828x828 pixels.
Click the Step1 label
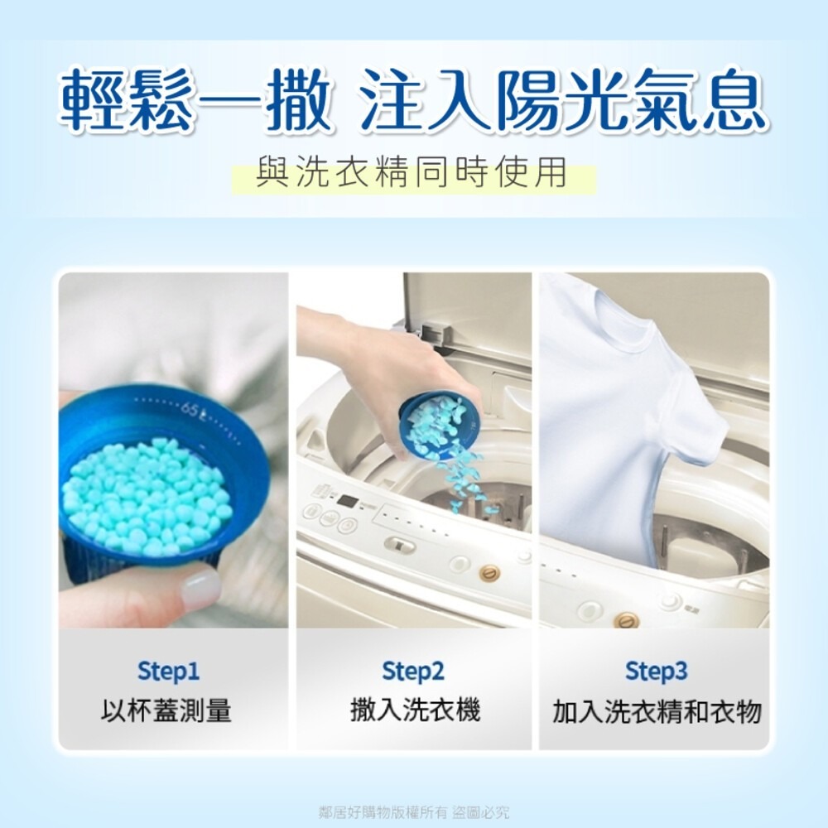coord(168,671)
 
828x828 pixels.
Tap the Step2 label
coord(413,671)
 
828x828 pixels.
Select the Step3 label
coord(657,671)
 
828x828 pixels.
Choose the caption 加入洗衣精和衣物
coord(657,711)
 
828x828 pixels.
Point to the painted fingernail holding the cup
coord(200,589)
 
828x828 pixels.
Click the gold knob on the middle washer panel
coord(490,572)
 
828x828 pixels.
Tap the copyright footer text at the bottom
coord(414,811)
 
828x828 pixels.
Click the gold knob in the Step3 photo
coord(627,619)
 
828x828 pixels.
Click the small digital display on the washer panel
coord(348,502)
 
